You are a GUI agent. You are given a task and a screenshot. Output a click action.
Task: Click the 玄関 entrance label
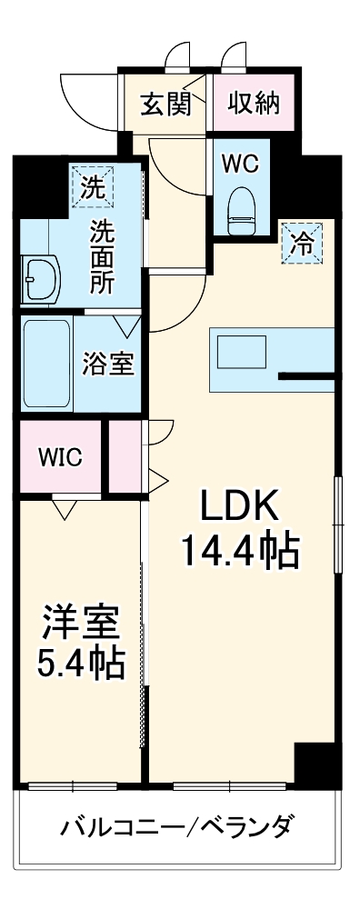[x=165, y=104]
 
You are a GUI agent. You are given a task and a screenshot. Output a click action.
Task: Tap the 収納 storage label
[x=254, y=104]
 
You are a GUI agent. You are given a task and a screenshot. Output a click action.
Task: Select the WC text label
[x=241, y=165]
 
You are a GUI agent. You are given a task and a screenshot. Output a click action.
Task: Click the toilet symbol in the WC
[x=241, y=206]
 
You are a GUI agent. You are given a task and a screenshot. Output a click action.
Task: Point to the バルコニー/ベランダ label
[x=176, y=828]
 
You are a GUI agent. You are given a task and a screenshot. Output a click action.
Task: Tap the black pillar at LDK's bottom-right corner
[x=315, y=764]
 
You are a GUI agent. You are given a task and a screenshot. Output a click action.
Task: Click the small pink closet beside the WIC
[x=125, y=456]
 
